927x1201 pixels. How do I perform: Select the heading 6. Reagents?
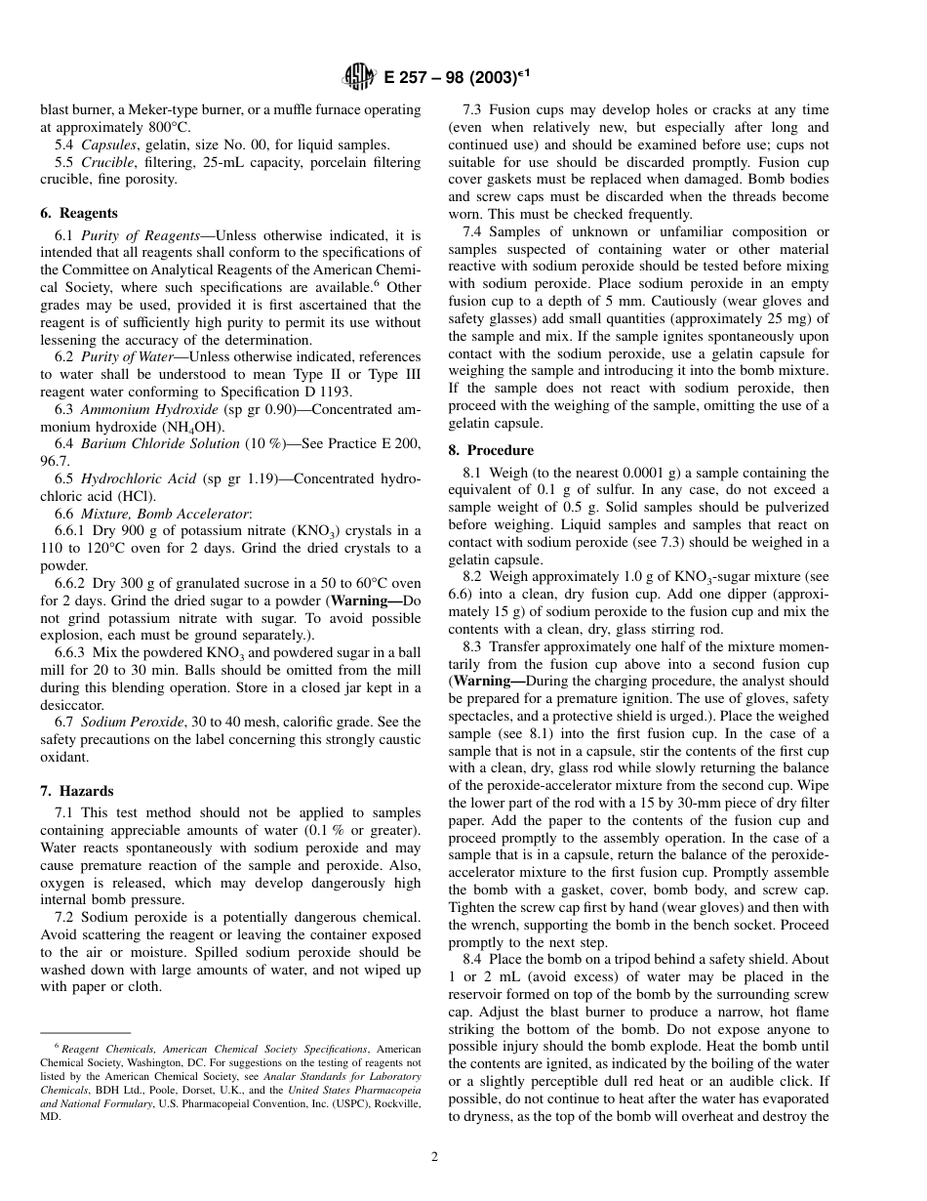89,213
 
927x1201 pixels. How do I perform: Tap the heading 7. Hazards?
87,791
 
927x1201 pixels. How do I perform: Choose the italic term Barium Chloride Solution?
160,443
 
